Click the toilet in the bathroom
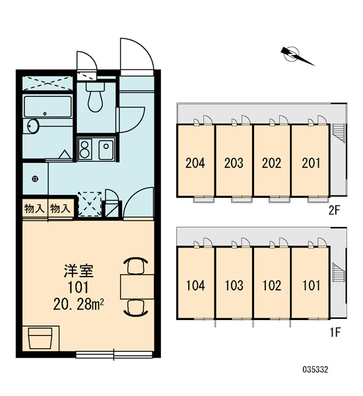tap(95, 97)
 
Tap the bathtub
tap(48, 106)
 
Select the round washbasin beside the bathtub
tap(33, 126)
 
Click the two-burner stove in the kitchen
tap(84, 149)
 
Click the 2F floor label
tap(335, 210)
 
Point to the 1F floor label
tap(335, 332)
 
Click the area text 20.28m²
tap(79, 304)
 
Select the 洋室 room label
tap(79, 271)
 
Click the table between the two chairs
tap(137, 286)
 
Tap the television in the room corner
tap(40, 338)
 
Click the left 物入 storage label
tap(34, 209)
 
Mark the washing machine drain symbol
tap(35, 179)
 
